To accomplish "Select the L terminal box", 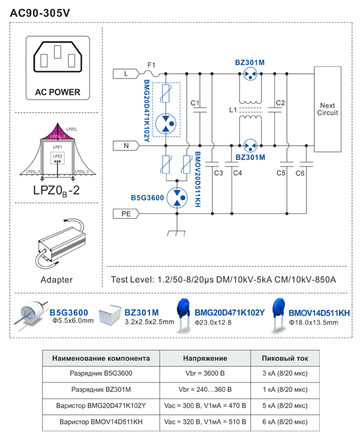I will point(125,73).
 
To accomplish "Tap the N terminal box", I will point(125,145).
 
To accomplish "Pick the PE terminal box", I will point(125,212).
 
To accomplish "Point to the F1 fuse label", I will point(151,65).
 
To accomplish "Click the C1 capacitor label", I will point(195,104).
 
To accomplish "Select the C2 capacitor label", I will point(280,104).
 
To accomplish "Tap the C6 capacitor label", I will point(300,173).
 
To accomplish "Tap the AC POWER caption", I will point(57,93).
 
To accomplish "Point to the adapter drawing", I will point(58,242).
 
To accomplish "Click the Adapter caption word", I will point(56,279).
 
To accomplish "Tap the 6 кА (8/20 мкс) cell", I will point(286,421).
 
